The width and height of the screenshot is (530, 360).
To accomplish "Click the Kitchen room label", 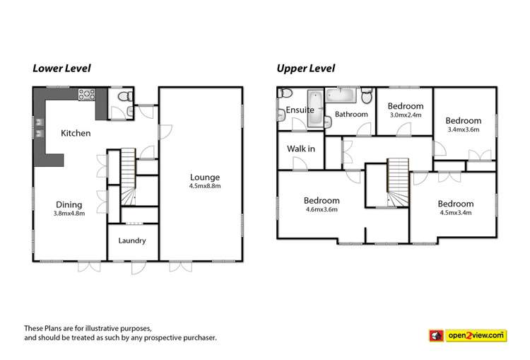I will pos(76,133).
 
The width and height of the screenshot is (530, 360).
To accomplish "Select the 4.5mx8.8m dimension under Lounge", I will pos(205,186).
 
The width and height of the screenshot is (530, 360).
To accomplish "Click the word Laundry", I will pos(132,240).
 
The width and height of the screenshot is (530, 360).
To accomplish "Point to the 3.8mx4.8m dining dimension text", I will pos(69,213).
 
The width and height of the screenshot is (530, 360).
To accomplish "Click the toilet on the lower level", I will pos(123,97).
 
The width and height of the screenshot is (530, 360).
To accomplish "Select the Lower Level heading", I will pos(61,69).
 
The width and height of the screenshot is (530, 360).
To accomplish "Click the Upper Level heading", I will pos(305,69).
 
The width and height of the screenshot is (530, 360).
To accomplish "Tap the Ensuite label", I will pos(300,110).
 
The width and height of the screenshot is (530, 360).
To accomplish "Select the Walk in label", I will pos(300,149).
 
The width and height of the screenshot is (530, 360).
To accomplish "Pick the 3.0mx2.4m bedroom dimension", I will pos(405,115).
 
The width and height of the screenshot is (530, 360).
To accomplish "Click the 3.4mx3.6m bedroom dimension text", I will pos(464,129).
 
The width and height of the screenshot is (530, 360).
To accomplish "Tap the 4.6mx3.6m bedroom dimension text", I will pos(322,209).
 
